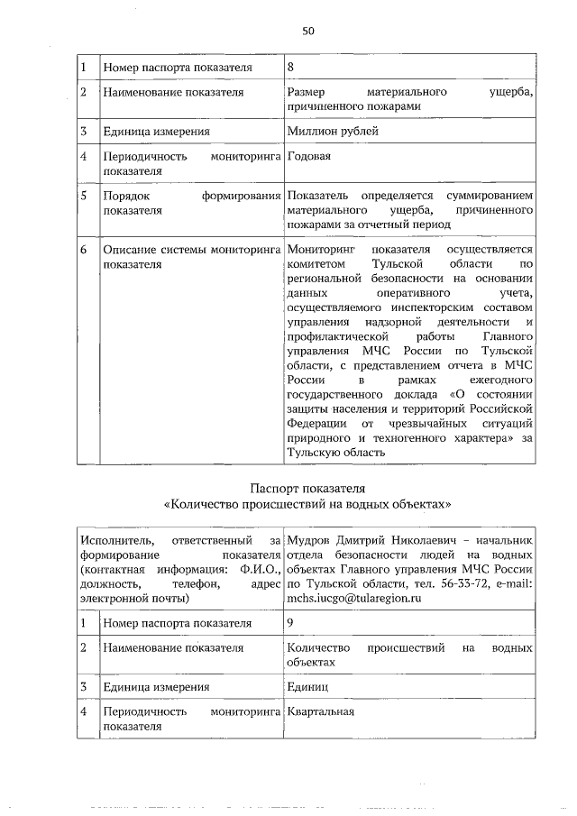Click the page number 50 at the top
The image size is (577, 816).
307,31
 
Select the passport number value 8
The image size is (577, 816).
290,67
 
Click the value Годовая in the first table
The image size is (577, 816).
308,156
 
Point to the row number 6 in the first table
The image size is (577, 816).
82,248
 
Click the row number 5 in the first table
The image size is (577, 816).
82,195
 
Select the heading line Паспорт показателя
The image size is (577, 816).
307,487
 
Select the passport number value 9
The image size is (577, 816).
290,622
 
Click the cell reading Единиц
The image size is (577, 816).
307,686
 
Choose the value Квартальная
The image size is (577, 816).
320,711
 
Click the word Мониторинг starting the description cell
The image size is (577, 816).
322,248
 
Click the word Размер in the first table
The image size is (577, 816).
306,92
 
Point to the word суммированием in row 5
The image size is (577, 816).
488,195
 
